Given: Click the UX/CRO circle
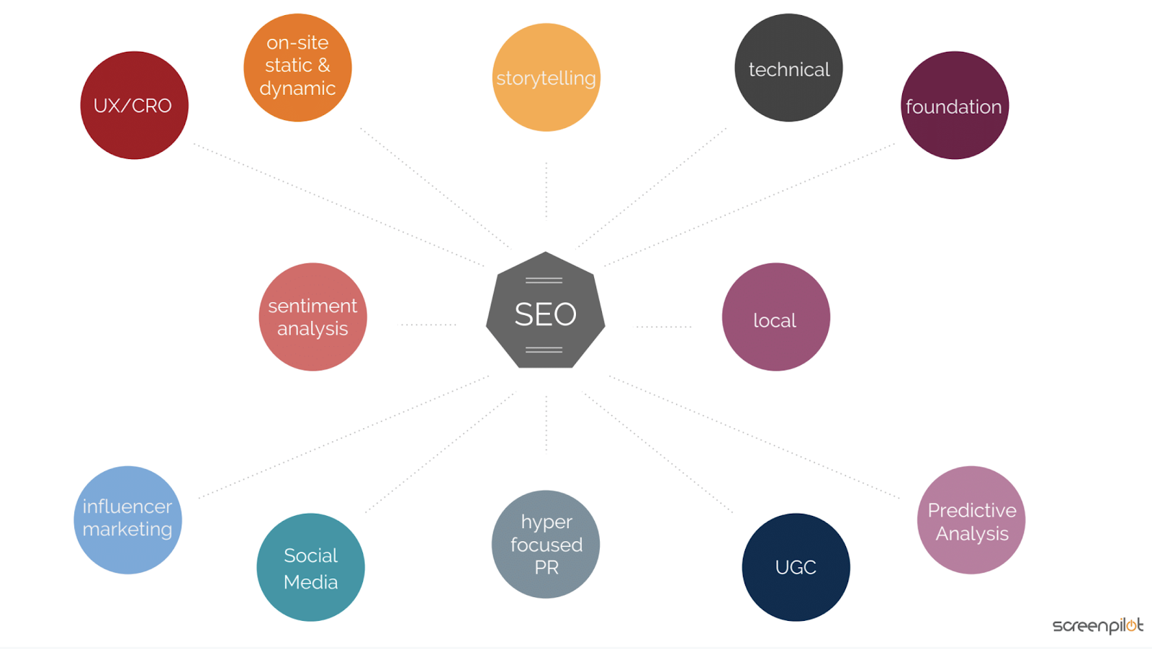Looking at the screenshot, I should tap(134, 105).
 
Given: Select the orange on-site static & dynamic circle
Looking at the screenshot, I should tap(297, 67).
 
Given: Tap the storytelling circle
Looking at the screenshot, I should tap(546, 77).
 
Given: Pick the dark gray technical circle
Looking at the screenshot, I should tap(788, 68).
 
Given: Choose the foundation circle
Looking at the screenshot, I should tap(954, 105).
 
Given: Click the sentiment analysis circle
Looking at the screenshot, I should tap(312, 317).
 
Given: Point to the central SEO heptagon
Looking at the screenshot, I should tap(545, 314).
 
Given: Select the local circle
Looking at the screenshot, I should tap(775, 317).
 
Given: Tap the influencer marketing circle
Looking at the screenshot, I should tap(127, 519).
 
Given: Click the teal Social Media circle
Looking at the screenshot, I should tap(310, 567).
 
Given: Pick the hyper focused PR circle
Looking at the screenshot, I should tap(546, 544).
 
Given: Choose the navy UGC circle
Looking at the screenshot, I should tap(796, 567).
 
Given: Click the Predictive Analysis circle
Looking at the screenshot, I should tap(971, 519).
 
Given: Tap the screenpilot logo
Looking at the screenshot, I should tap(1097, 625).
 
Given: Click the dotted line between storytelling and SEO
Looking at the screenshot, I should tap(546, 190).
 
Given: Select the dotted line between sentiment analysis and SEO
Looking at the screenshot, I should tap(428, 324).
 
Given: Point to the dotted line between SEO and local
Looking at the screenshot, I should tap(662, 326).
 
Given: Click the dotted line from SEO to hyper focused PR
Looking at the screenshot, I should tap(546, 425).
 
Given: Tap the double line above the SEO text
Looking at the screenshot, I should tap(544, 280).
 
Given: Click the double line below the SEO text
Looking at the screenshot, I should tap(544, 350).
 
